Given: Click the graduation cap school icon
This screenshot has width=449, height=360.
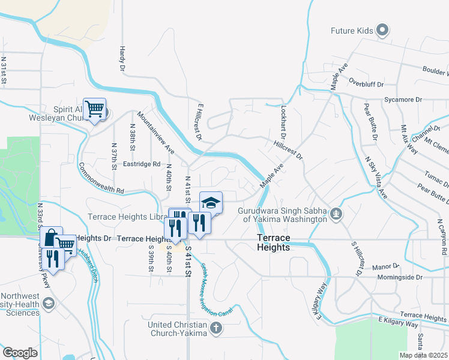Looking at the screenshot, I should [211, 202].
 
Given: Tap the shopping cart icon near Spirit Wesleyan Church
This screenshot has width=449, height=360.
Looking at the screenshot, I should [94, 109].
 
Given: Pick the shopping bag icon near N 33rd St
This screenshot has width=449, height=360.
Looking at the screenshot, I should [52, 236].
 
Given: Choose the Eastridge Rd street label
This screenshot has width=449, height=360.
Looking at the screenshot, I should [142, 163].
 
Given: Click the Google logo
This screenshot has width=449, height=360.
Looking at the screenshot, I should [20, 353].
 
